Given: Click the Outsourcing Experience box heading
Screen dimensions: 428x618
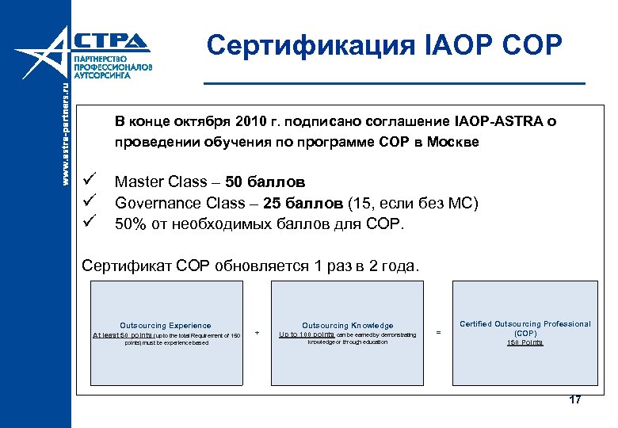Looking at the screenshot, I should tap(165, 325).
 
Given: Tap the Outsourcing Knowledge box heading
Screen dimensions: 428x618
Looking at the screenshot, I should tap(347, 325).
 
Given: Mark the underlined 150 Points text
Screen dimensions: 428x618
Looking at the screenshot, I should tap(525, 342).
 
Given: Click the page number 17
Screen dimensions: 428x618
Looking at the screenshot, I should tap(575, 399).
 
